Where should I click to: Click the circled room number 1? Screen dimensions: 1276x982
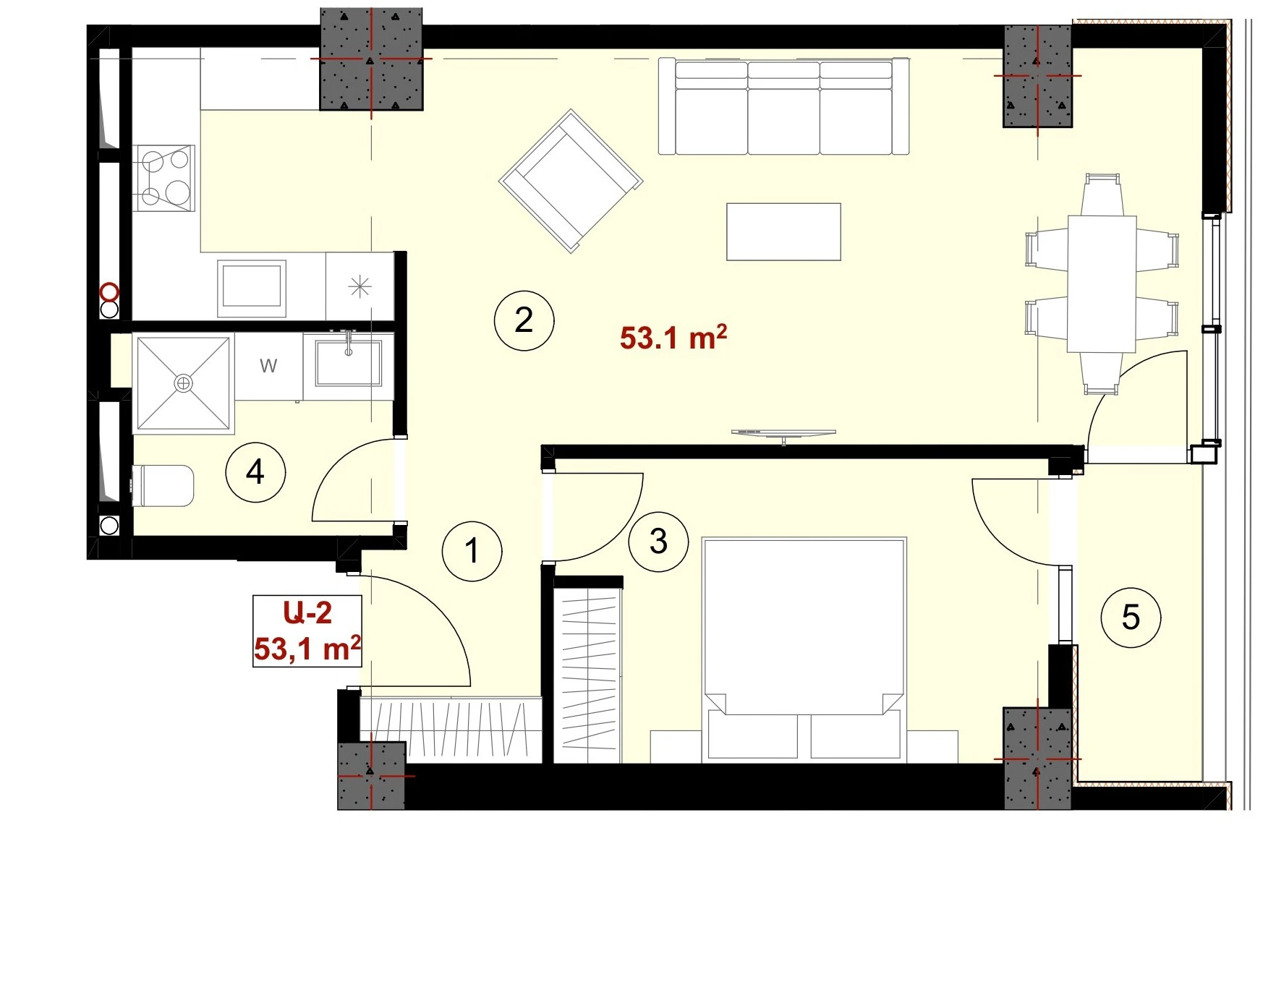472,550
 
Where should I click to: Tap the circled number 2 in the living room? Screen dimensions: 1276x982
524,320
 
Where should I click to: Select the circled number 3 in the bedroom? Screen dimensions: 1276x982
658,541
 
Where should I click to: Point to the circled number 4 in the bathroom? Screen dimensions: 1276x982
255,472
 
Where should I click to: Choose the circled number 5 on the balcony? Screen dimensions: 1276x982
1131,617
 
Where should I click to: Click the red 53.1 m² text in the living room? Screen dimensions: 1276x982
673,338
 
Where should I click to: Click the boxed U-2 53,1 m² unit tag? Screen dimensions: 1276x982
307,631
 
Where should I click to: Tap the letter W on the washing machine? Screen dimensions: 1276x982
268,366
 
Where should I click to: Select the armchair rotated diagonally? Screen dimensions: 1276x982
571,181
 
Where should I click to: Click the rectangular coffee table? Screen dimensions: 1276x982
783,231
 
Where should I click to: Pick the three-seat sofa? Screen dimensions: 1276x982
783,106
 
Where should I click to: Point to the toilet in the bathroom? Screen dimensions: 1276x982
163,486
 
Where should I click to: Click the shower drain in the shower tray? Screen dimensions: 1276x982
184,383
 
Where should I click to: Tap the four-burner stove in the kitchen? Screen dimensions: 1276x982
164,178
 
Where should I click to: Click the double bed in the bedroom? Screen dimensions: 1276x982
804,649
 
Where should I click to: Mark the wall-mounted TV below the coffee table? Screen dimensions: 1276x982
783,434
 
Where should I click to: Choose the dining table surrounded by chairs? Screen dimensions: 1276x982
1102,284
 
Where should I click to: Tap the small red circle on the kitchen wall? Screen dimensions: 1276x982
109,292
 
